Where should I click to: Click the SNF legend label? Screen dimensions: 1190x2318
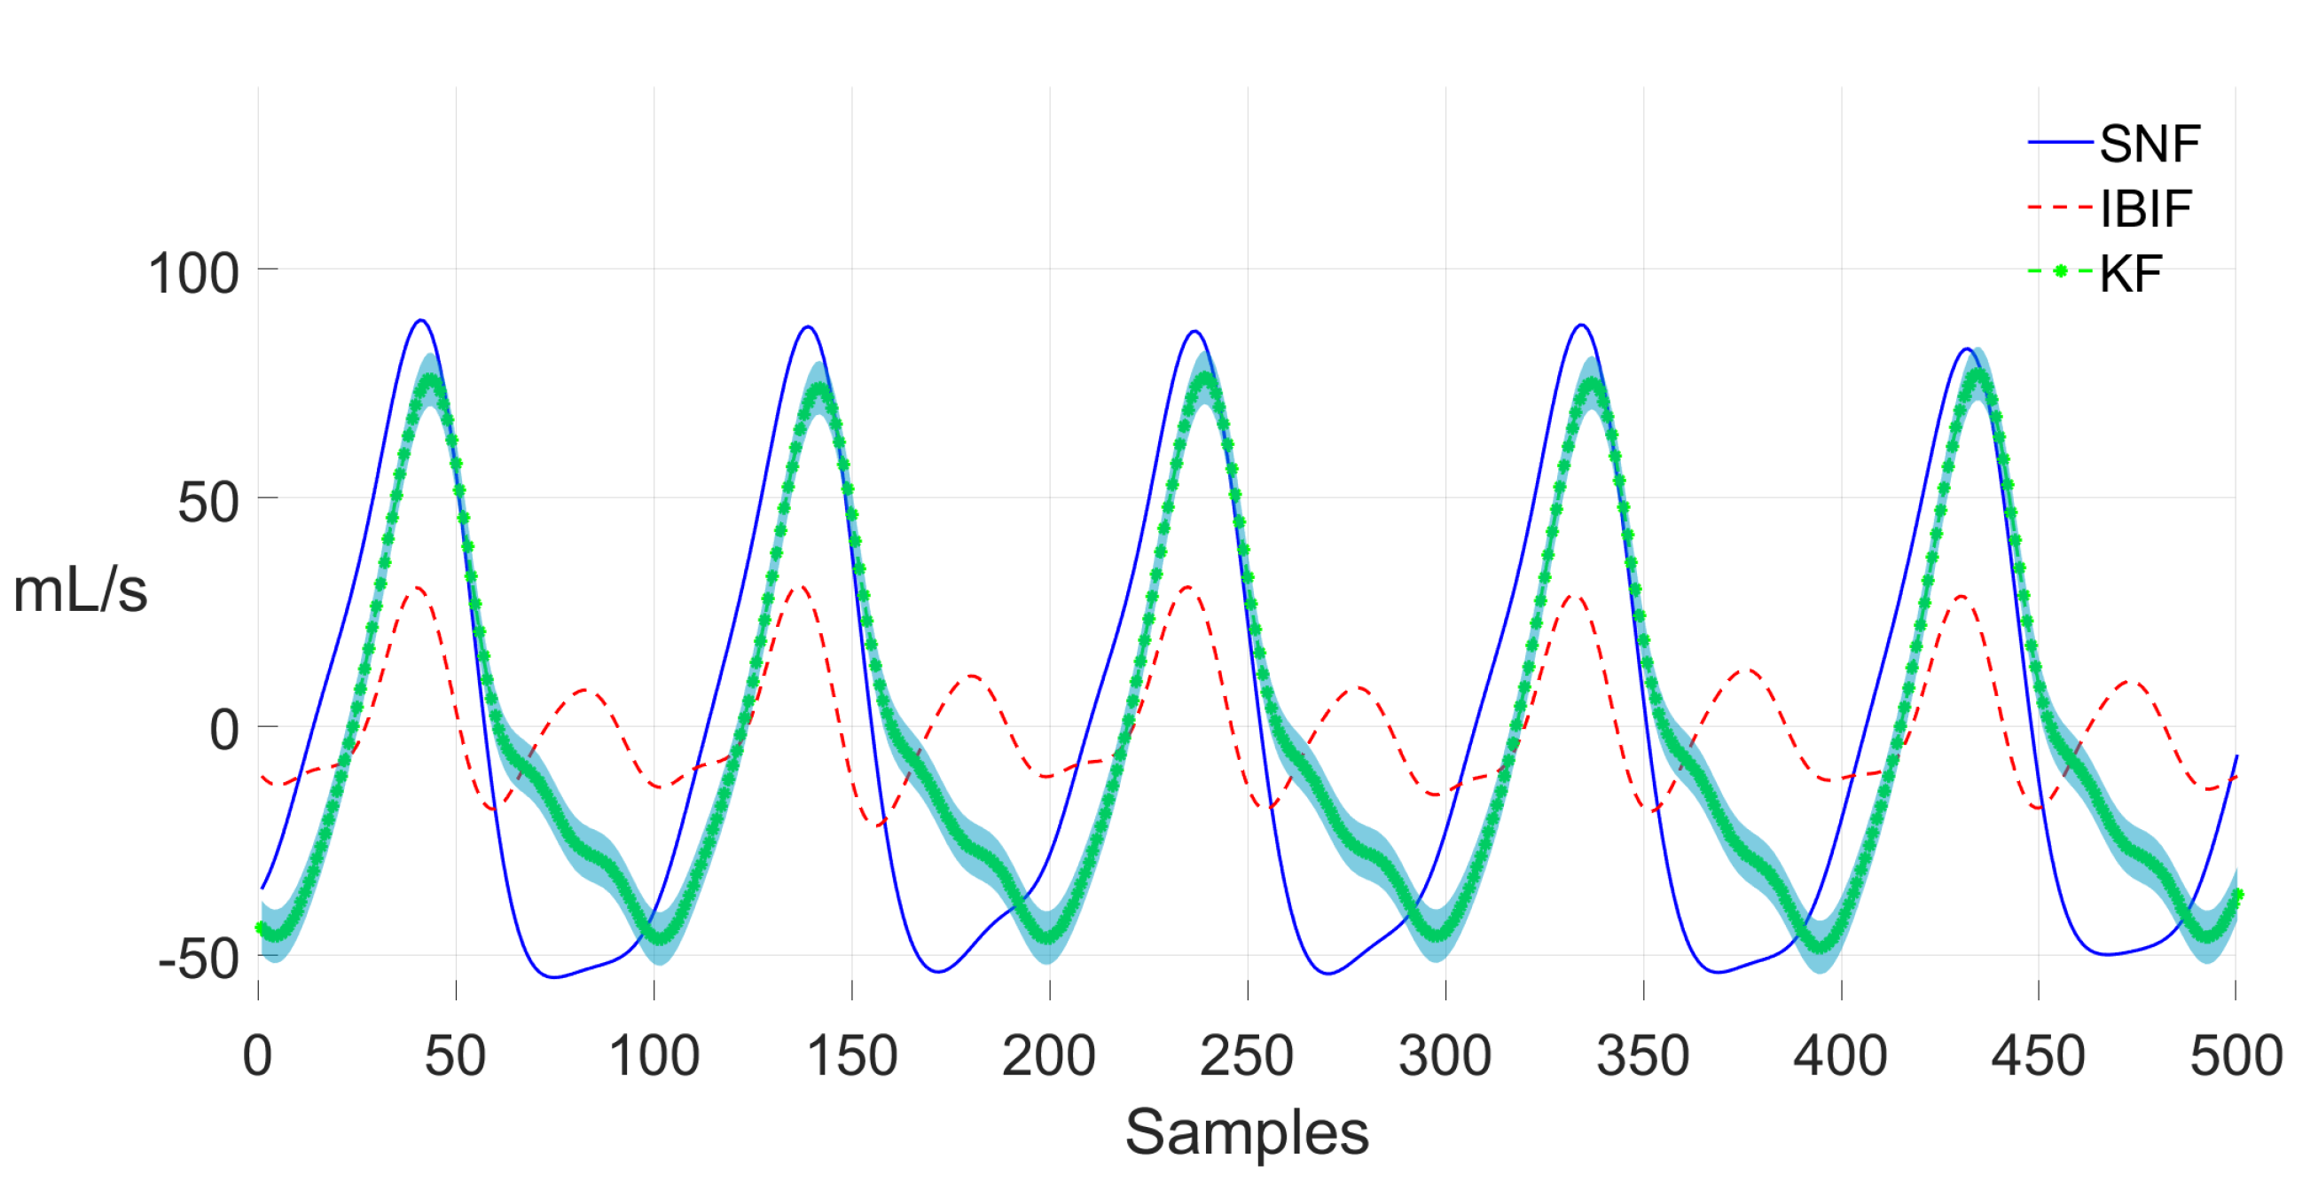(2150, 144)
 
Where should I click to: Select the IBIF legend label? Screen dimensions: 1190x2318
(2146, 209)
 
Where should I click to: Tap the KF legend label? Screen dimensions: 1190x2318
(2131, 274)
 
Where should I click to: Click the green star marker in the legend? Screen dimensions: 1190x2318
(2061, 271)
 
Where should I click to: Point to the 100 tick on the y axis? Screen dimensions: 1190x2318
(193, 273)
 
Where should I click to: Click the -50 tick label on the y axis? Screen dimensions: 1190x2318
(199, 959)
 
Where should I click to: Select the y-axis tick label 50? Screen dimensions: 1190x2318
(208, 502)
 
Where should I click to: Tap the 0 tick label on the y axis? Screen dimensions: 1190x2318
(224, 730)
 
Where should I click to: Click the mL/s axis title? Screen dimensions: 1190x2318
(80, 591)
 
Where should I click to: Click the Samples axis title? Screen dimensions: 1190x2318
(1246, 1132)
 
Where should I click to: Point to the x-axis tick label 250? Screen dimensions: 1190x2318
(1246, 1056)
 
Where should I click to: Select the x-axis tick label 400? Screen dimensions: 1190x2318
(1840, 1056)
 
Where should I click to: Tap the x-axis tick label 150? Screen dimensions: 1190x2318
(851, 1056)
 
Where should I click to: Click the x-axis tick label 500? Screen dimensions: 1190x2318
(2236, 1056)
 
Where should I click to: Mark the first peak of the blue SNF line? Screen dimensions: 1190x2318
(420, 320)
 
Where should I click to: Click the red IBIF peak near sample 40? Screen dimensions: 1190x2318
(416, 588)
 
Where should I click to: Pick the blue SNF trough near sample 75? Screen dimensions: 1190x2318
(554, 976)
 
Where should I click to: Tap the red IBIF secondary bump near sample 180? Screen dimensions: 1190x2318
(973, 675)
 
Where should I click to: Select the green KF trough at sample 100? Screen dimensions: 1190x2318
(660, 938)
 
